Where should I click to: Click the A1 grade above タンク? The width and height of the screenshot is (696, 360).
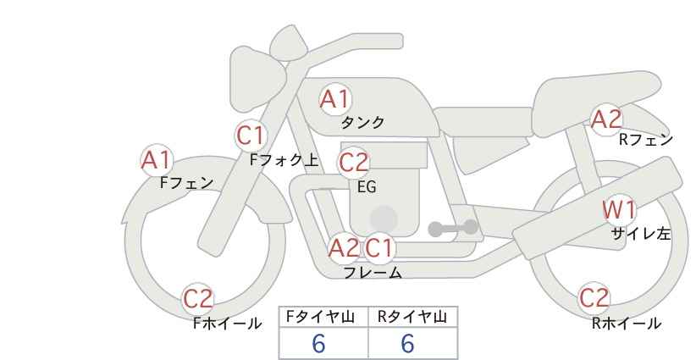(334, 99)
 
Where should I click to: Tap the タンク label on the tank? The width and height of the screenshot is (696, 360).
(362, 123)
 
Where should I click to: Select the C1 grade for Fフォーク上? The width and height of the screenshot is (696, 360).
(251, 135)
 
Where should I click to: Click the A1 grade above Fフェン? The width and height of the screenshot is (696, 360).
(156, 159)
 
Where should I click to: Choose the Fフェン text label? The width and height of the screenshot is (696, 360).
(186, 182)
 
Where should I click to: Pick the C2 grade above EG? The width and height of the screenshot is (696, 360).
(354, 163)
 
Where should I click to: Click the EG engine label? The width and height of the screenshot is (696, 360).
(366, 186)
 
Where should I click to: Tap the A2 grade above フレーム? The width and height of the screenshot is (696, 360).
(344, 248)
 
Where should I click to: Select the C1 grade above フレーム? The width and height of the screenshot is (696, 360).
(380, 248)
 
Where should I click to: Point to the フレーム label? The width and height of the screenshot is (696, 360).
(373, 273)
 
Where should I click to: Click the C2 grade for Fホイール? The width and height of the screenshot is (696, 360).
(199, 299)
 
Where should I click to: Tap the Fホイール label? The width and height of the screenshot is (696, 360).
(227, 323)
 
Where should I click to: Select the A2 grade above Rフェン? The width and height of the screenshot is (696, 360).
(606, 119)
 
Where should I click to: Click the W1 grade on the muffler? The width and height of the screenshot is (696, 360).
(619, 209)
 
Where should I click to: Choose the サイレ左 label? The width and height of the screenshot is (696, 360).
(641, 234)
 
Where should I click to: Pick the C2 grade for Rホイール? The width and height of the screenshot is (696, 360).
(594, 298)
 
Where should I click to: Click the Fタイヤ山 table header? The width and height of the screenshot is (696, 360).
(323, 317)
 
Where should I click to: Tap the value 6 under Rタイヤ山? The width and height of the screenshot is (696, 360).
(408, 343)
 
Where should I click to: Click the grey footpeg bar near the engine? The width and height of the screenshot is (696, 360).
(452, 228)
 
